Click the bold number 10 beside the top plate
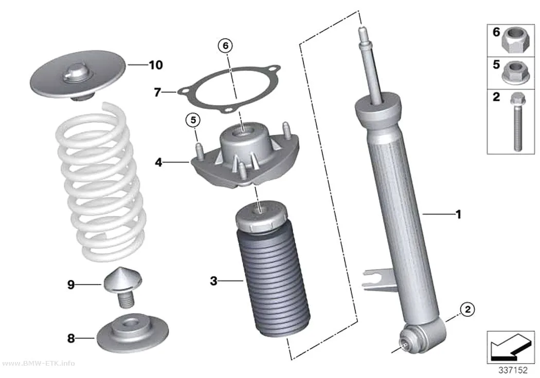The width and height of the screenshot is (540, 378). [156, 65]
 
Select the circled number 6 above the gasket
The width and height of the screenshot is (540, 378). [226, 45]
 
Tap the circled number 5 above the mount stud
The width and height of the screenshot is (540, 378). [193, 120]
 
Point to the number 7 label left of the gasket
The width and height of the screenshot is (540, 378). [157, 92]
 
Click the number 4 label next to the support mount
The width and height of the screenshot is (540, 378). [158, 162]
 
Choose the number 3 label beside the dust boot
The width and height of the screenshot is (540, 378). [214, 281]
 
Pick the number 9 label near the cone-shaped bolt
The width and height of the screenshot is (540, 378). [71, 285]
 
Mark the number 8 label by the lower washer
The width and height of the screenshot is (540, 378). [71, 338]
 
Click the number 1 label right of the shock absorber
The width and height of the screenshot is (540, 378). [458, 214]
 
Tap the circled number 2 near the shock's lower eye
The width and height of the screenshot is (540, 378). [467, 309]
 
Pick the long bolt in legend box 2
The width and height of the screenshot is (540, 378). [516, 122]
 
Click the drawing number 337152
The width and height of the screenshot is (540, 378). [513, 370]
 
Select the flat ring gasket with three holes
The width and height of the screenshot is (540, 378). [229, 89]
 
